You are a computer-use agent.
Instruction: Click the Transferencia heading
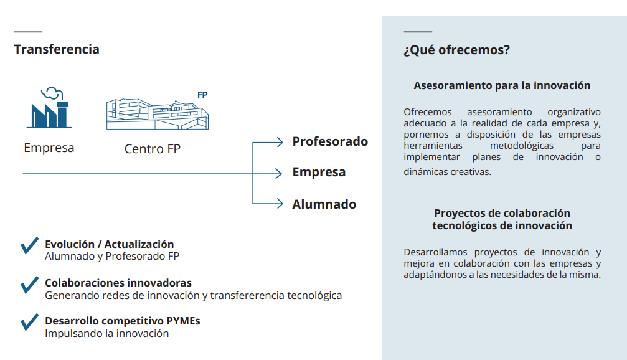57,49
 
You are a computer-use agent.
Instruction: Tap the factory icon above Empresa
49,108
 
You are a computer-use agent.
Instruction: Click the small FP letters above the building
202,95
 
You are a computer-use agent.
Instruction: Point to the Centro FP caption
153,149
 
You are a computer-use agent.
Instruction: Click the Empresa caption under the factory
49,148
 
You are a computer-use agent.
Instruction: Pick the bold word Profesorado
330,141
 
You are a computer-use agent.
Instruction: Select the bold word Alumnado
324,204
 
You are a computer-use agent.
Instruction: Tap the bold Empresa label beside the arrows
319,172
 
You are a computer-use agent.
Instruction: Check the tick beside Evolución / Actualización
30,245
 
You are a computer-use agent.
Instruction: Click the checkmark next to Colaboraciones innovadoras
30,285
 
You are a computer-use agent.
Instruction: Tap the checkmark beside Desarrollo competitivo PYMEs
30,322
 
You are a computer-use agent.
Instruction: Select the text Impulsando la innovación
106,333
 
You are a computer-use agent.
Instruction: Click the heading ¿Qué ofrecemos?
456,50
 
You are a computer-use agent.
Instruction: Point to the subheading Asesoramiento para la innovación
502,85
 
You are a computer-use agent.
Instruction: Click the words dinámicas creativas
447,172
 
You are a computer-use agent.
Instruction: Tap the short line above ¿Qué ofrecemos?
418,32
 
